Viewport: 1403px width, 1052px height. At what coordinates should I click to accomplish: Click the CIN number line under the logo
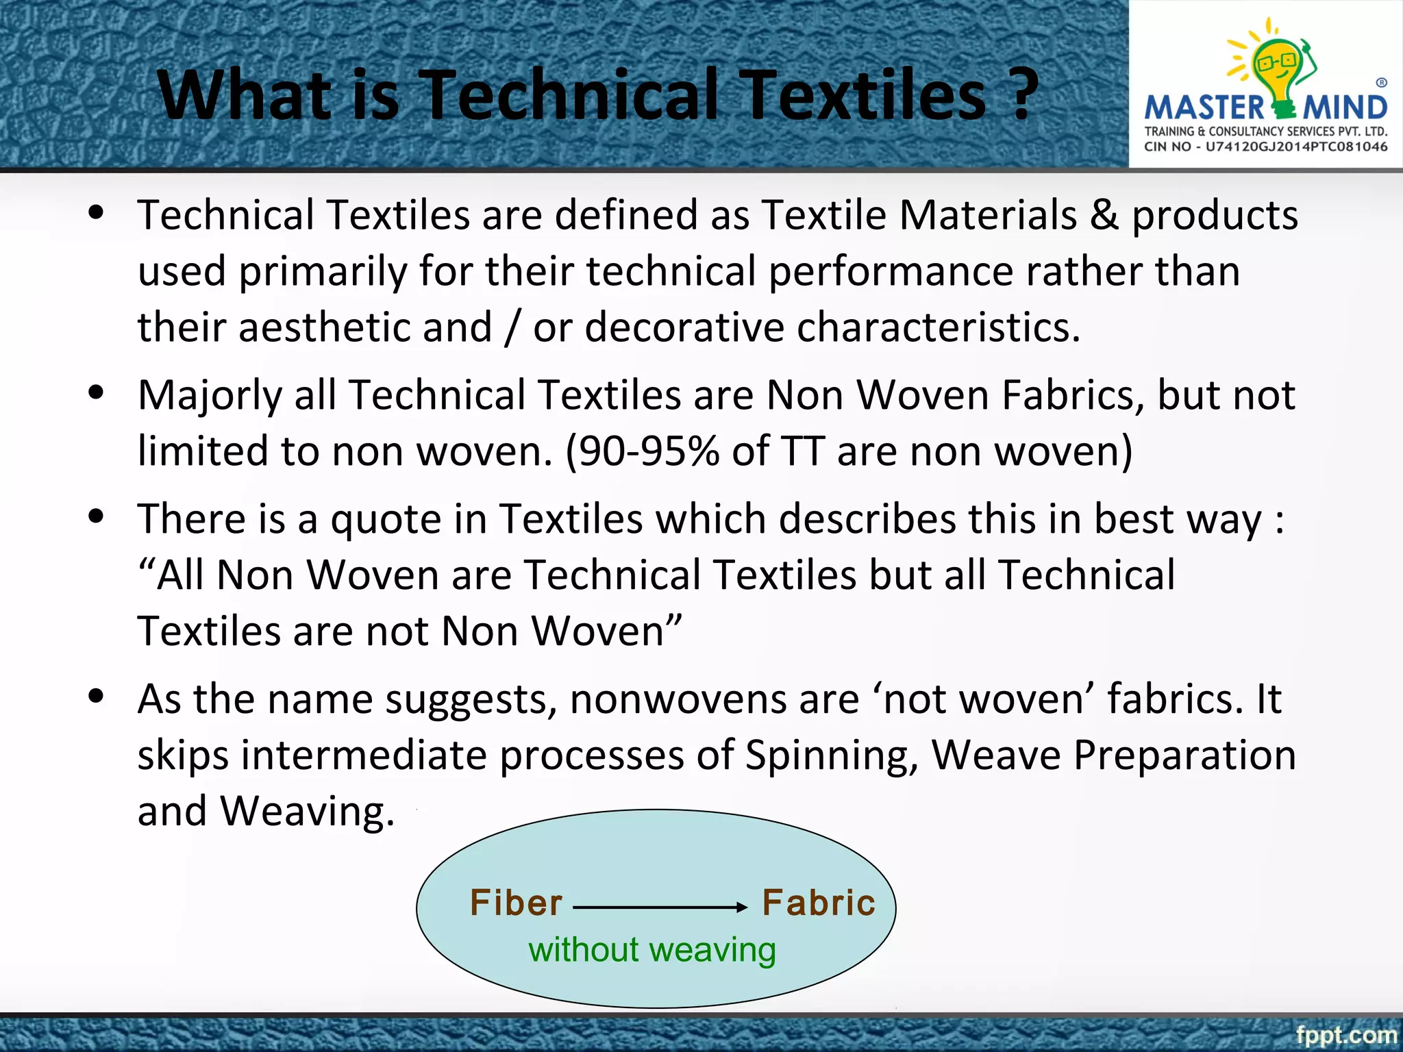[x=1265, y=147]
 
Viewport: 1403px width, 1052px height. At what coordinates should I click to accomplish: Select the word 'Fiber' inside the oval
[x=516, y=903]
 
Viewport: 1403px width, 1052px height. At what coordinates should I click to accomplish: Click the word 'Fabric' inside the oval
[x=819, y=903]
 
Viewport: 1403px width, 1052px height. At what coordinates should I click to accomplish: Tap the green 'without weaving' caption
[x=652, y=950]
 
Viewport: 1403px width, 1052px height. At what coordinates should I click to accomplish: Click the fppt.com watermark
[x=1345, y=1034]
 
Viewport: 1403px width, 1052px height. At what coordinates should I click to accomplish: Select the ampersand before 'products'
[x=1104, y=215]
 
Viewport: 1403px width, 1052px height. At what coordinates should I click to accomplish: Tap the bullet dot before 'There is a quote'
[x=97, y=516]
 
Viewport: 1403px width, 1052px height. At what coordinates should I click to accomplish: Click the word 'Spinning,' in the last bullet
[x=832, y=755]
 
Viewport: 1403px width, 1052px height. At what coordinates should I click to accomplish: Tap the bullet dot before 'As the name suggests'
[x=97, y=696]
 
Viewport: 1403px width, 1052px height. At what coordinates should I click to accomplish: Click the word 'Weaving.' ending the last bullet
[x=308, y=812]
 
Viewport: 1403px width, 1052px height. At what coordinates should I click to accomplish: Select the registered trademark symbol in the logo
[x=1382, y=83]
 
